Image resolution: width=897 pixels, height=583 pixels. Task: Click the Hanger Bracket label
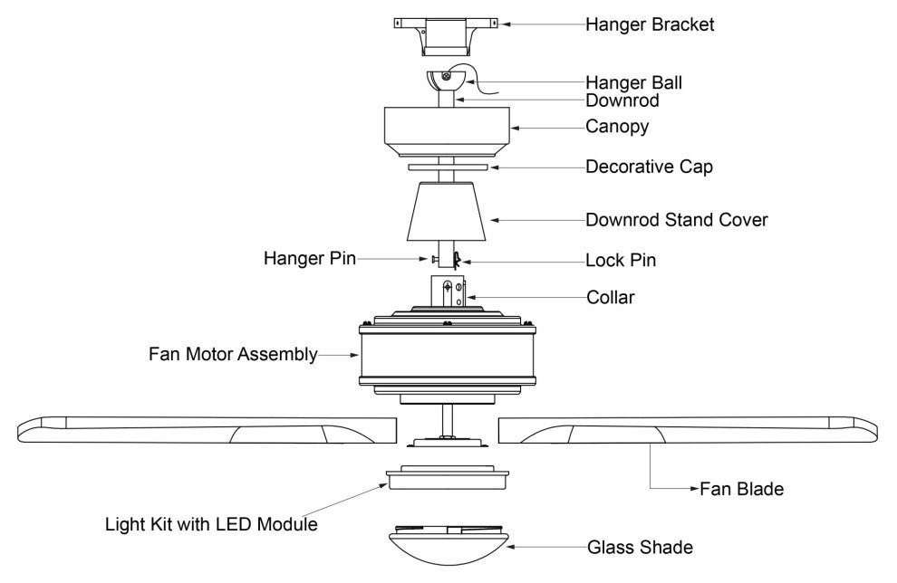click(x=650, y=24)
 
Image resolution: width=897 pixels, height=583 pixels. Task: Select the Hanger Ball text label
click(x=634, y=83)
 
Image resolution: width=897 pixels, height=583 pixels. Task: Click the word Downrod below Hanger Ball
click(x=622, y=100)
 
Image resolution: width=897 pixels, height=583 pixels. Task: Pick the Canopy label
click(x=617, y=127)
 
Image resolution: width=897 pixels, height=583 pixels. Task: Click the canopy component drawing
click(x=448, y=129)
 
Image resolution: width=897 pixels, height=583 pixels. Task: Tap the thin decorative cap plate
click(x=448, y=167)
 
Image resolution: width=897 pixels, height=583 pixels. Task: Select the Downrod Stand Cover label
click(x=677, y=219)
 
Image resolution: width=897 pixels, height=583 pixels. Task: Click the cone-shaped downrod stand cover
click(x=448, y=210)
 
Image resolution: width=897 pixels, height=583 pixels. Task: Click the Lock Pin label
click(x=621, y=261)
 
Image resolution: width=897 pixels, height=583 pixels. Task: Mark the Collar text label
click(x=611, y=296)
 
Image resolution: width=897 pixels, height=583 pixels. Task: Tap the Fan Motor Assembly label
click(x=233, y=354)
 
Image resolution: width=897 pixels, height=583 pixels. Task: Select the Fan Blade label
click(x=741, y=490)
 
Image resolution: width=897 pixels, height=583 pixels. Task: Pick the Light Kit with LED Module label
click(x=211, y=524)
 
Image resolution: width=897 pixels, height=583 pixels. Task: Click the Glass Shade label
click(x=640, y=547)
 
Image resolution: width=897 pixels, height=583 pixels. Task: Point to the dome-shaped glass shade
click(x=448, y=546)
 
